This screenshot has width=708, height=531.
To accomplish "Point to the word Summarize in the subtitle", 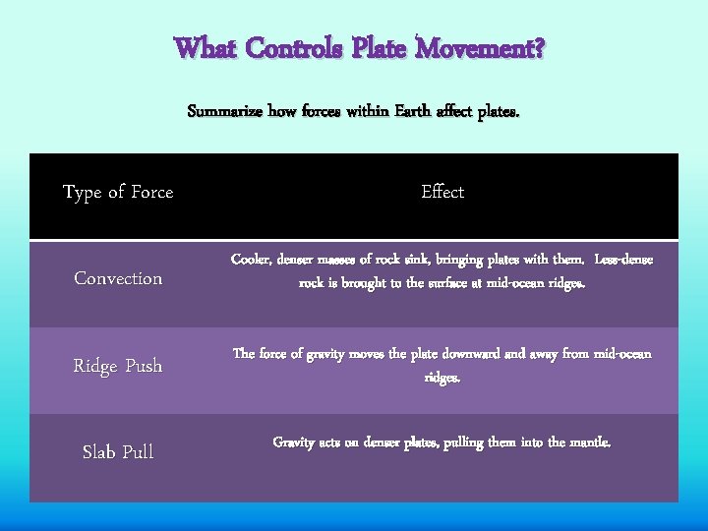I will click(225, 112).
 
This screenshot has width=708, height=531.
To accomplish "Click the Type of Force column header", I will click(118, 193).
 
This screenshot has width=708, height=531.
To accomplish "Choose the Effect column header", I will click(442, 192).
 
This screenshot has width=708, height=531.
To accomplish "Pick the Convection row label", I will click(118, 279).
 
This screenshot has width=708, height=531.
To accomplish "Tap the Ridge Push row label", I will click(118, 366).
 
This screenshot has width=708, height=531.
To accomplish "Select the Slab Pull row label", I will click(118, 452).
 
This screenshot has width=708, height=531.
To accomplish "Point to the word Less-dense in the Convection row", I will click(623, 260).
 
